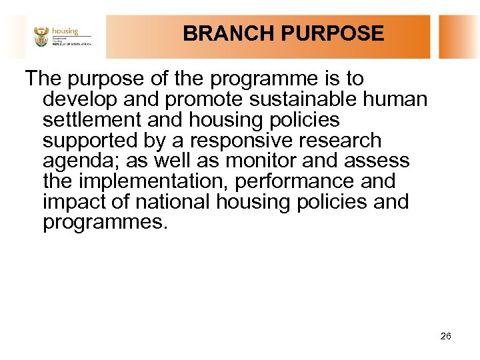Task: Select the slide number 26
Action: click(446, 336)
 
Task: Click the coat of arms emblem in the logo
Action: click(41, 36)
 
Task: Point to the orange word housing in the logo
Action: click(65, 31)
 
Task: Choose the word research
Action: click(340, 141)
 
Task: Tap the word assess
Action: click(377, 161)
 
